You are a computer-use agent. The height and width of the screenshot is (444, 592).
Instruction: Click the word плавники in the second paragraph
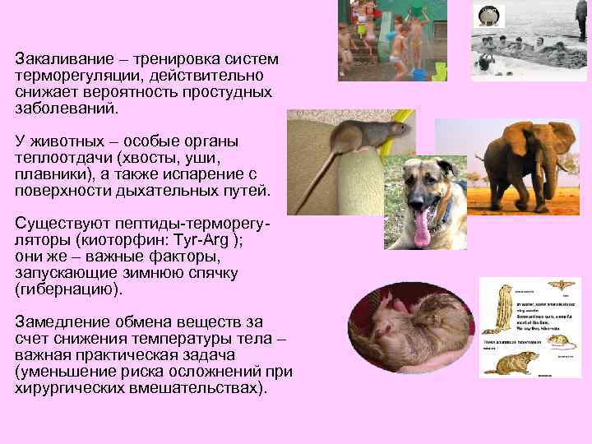[x=49, y=173]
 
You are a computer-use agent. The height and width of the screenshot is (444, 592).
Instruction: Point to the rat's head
[x=395, y=128]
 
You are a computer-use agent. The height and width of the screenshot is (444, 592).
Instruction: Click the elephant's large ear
[x=526, y=149]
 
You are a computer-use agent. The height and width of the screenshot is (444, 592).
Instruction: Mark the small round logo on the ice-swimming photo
[x=488, y=14]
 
